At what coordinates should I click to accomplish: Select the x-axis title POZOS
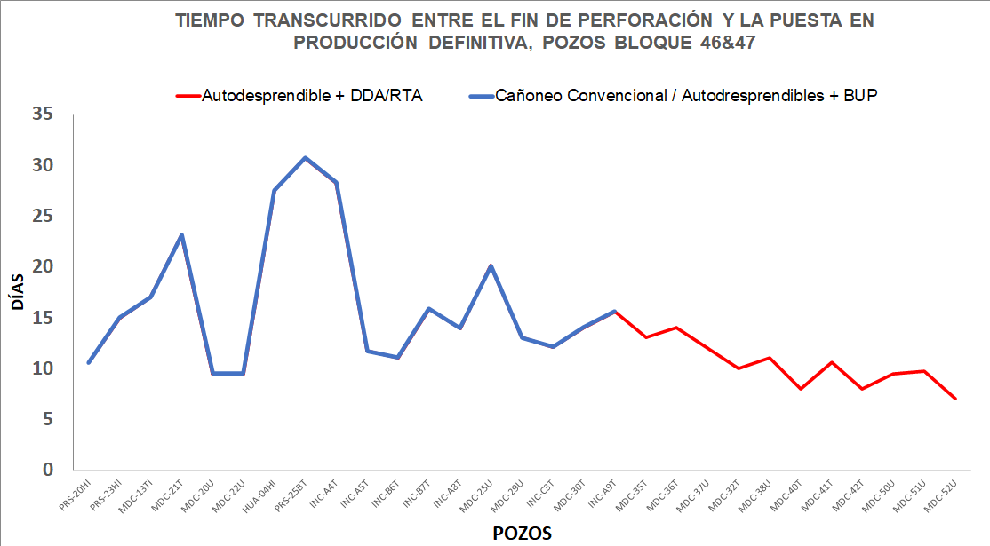(x=522, y=533)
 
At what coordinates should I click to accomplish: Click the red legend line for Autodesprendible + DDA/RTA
(x=188, y=96)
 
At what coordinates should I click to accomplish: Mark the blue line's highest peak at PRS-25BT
(x=305, y=158)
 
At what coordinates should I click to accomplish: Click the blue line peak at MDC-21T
(x=181, y=235)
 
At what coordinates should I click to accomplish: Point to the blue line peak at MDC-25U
(x=491, y=265)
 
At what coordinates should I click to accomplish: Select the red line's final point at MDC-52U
(x=955, y=399)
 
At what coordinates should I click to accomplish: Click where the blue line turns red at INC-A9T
(x=614, y=312)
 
